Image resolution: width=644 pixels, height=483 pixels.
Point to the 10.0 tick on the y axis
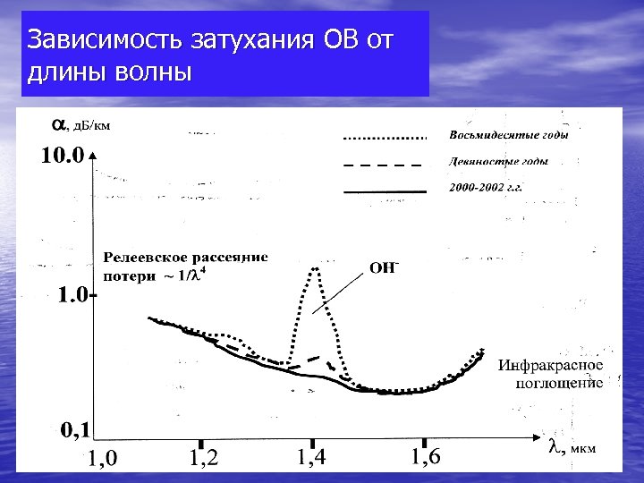pos(62,156)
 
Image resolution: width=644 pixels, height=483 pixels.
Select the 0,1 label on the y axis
pos(73,431)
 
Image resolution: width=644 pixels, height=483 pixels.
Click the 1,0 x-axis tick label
pos(101,460)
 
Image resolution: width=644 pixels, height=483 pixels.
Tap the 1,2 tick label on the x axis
pos(204,458)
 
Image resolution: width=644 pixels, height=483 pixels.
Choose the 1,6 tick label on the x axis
pos(425,456)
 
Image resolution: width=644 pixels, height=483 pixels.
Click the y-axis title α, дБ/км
pos(80,124)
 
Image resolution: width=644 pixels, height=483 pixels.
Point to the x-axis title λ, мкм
pos(572,449)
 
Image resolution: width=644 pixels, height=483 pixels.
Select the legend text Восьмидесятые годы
pos(507,136)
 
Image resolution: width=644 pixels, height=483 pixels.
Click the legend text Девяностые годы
pos(497,163)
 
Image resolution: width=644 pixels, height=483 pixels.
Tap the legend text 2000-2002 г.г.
pos(485,189)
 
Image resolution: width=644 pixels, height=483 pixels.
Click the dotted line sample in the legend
pos(385,139)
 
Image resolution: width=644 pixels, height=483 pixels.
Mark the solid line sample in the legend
pos(385,191)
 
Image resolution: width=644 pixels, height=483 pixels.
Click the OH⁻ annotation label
pos(384,267)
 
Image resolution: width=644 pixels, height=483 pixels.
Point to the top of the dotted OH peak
pos(315,268)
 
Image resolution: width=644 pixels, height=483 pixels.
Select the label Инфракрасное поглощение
pos(551,374)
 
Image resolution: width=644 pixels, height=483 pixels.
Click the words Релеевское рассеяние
pos(186,258)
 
